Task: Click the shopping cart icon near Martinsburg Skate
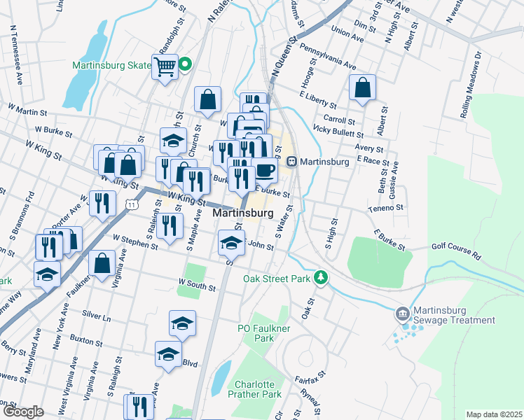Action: click(165, 67)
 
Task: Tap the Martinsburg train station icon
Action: click(291, 162)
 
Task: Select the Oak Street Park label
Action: click(276, 278)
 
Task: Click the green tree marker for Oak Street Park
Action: click(321, 278)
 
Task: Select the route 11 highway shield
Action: click(131, 203)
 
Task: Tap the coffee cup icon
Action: click(264, 169)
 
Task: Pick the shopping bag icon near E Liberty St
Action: click(362, 87)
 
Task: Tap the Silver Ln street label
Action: click(97, 317)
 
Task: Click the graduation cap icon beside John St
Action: click(231, 242)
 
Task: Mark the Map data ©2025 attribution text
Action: click(493, 414)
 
